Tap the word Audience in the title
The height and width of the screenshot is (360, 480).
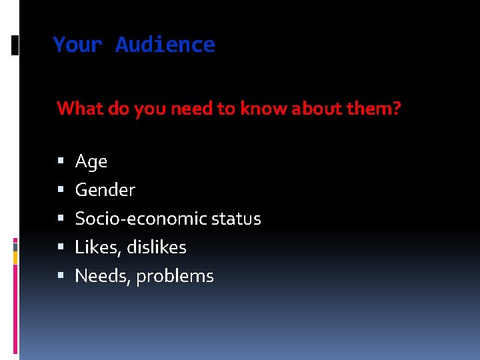165,45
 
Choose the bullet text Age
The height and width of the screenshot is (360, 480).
91,162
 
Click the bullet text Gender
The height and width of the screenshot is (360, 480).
105,190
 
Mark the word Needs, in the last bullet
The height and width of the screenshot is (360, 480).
103,276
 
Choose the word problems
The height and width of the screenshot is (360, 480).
175,276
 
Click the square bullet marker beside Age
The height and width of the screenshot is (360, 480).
61,161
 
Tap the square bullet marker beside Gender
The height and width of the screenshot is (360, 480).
61,190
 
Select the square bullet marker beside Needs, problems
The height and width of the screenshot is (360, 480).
61,276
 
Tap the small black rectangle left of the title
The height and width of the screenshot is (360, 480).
16,46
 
